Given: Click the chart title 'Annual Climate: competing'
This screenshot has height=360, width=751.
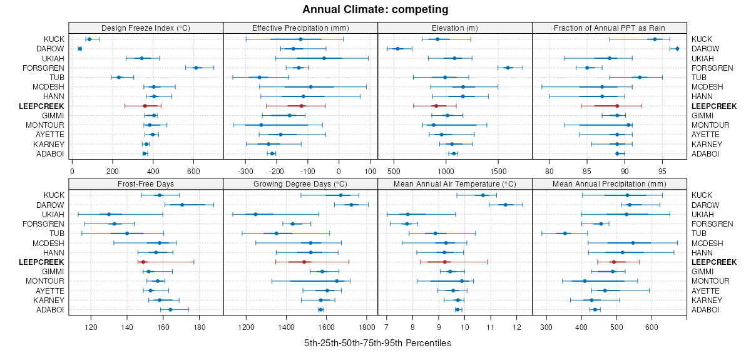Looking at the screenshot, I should tap(375, 9).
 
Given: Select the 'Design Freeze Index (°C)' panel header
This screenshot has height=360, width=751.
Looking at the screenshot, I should tap(146, 28).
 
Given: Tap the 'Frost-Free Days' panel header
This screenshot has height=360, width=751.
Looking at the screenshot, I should tap(146, 184).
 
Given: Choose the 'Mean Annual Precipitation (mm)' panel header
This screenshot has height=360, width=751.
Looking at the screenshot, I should tap(609, 184).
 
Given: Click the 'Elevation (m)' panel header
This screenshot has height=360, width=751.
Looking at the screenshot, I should tap(455, 28).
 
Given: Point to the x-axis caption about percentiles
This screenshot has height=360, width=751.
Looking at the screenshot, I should tap(377, 343).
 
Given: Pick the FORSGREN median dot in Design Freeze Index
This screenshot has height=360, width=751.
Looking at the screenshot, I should tap(196, 68).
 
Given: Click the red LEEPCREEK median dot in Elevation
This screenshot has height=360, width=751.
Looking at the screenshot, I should tap(436, 106).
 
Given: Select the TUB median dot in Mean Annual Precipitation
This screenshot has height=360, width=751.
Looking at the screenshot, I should tap(565, 234).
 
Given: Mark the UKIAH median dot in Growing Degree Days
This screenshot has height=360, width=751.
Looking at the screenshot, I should tap(255, 214).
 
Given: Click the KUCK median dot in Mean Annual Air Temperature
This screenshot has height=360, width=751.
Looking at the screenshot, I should tap(483, 195).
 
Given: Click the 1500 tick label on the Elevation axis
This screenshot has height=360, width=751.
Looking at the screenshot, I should tap(498, 170).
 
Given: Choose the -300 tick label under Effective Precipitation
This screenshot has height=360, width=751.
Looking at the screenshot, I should tap(245, 170).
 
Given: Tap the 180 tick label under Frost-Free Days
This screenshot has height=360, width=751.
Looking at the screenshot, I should tap(200, 326).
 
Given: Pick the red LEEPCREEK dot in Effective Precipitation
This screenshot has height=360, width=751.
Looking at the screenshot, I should tap(301, 106).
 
